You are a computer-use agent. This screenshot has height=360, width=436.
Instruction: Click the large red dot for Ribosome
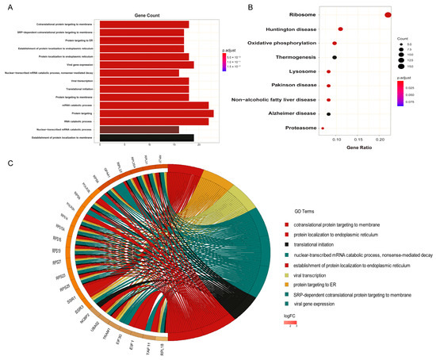[388, 14]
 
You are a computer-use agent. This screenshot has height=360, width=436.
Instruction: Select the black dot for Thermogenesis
[335, 57]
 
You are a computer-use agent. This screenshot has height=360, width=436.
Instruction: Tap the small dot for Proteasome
[323, 128]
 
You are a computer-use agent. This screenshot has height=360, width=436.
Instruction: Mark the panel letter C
[10, 163]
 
